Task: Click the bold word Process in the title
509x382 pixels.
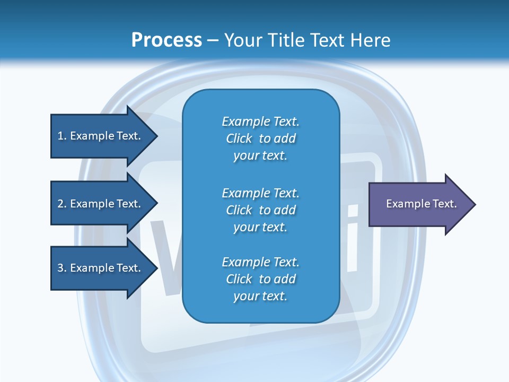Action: (x=167, y=40)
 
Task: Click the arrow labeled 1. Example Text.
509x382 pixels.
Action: (x=104, y=136)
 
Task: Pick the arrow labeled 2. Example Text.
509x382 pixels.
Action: (x=104, y=203)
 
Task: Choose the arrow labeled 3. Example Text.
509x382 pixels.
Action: (x=104, y=268)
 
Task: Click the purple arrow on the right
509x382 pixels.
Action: (x=423, y=204)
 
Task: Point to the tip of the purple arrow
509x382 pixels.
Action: (x=476, y=204)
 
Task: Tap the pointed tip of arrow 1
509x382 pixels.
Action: (x=158, y=136)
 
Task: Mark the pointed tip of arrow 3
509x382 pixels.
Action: (x=158, y=268)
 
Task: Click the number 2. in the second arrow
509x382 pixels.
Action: (x=62, y=204)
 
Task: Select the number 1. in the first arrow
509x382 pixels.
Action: (x=62, y=136)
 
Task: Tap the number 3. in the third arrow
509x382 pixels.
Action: (x=62, y=267)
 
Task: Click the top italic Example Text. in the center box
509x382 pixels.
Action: (x=261, y=121)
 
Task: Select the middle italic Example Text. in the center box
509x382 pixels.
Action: (x=261, y=193)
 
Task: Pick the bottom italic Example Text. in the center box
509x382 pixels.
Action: (x=261, y=262)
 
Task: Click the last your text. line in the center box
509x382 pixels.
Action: (x=260, y=296)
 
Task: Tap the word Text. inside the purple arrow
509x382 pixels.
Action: (x=445, y=204)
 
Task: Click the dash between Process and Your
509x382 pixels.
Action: (x=213, y=41)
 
